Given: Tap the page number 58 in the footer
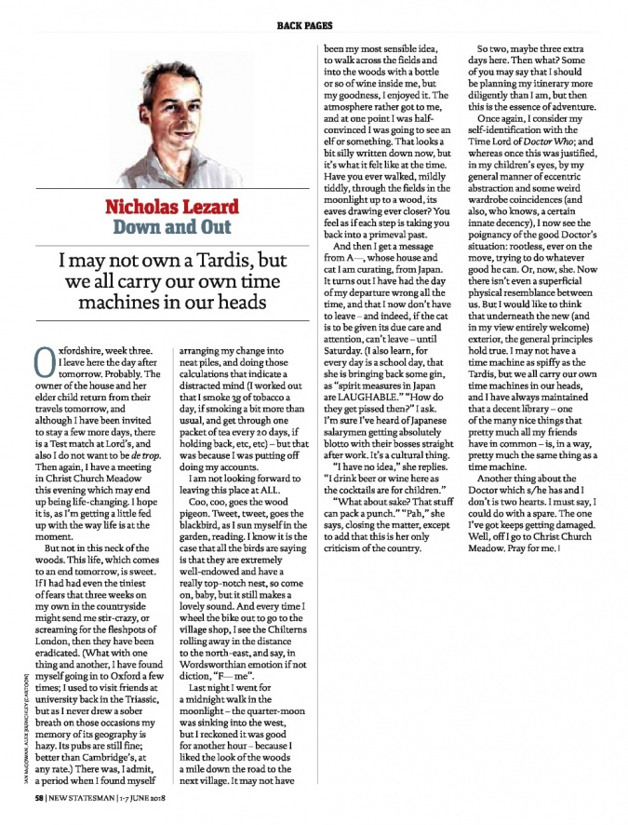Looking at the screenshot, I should tap(40, 799).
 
